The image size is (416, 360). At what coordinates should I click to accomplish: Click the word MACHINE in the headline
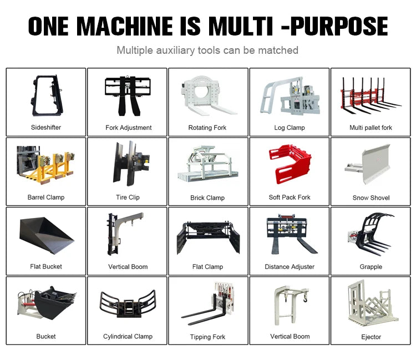[x=125, y=26]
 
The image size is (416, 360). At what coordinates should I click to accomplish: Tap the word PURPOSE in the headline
[x=339, y=26]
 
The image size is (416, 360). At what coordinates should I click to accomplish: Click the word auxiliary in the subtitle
[x=175, y=50]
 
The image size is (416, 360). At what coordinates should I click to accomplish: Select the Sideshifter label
[x=46, y=128]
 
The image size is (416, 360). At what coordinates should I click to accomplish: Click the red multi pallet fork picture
[x=371, y=96]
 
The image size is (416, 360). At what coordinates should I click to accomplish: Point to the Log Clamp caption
[x=290, y=128]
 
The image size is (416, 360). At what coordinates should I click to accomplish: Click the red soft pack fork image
[x=290, y=164]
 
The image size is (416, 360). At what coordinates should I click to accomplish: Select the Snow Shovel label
[x=371, y=197]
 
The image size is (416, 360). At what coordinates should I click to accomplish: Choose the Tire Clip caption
[x=128, y=197]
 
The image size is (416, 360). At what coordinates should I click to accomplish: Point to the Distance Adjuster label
[x=290, y=267]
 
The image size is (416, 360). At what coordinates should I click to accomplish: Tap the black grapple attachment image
[x=371, y=233]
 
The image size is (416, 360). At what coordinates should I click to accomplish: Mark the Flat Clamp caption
[x=207, y=267]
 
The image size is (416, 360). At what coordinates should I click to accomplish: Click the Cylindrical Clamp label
[x=128, y=336]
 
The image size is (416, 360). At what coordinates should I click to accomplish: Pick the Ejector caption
[x=371, y=337]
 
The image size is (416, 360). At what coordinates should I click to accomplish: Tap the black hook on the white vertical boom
[x=305, y=300]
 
